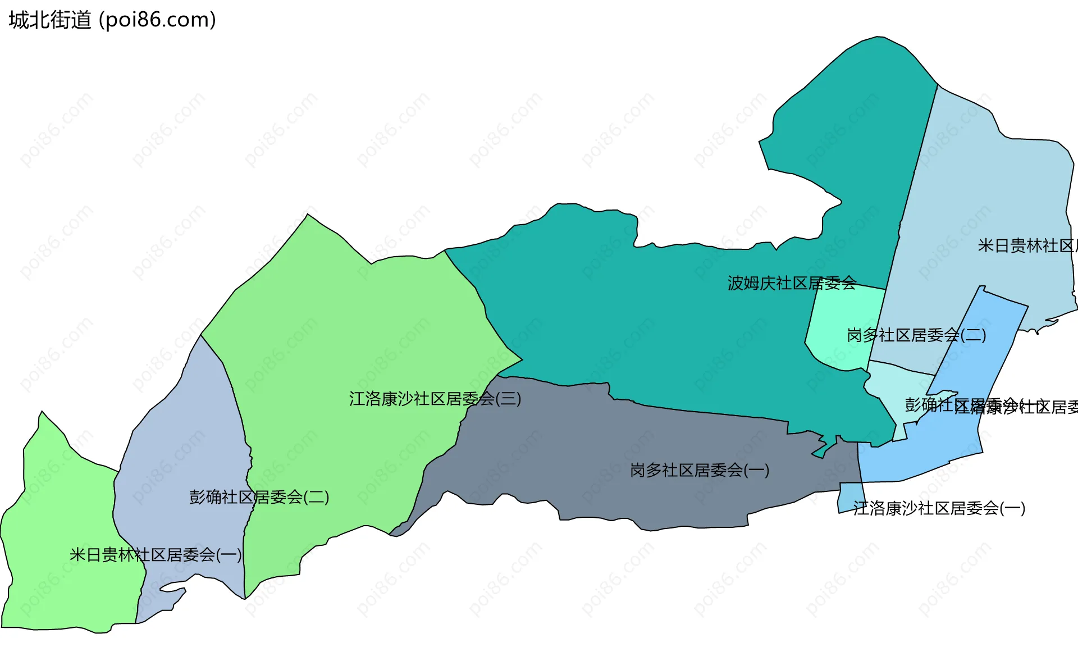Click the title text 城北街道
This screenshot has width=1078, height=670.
pos(49,20)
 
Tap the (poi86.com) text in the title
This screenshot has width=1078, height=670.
pos(157,20)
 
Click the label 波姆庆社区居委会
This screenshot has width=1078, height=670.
pos(792,283)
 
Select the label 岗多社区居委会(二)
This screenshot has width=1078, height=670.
pos(916,335)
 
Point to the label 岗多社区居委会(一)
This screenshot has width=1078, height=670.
pos(699,470)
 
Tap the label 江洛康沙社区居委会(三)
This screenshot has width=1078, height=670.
pos(435,399)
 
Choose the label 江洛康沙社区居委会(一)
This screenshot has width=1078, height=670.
pos(939,508)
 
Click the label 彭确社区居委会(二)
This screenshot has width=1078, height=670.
pos(259,497)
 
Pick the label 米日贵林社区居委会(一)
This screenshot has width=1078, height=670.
pos(156,555)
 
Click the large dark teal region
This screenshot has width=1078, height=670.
pos(646,315)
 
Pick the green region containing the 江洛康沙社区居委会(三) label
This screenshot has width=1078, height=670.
pos(348,337)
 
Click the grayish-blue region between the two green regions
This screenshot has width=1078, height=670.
pos(180,438)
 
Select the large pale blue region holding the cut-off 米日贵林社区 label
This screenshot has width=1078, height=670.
pos(988,185)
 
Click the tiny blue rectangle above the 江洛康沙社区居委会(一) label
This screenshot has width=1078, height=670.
pos(850,496)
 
